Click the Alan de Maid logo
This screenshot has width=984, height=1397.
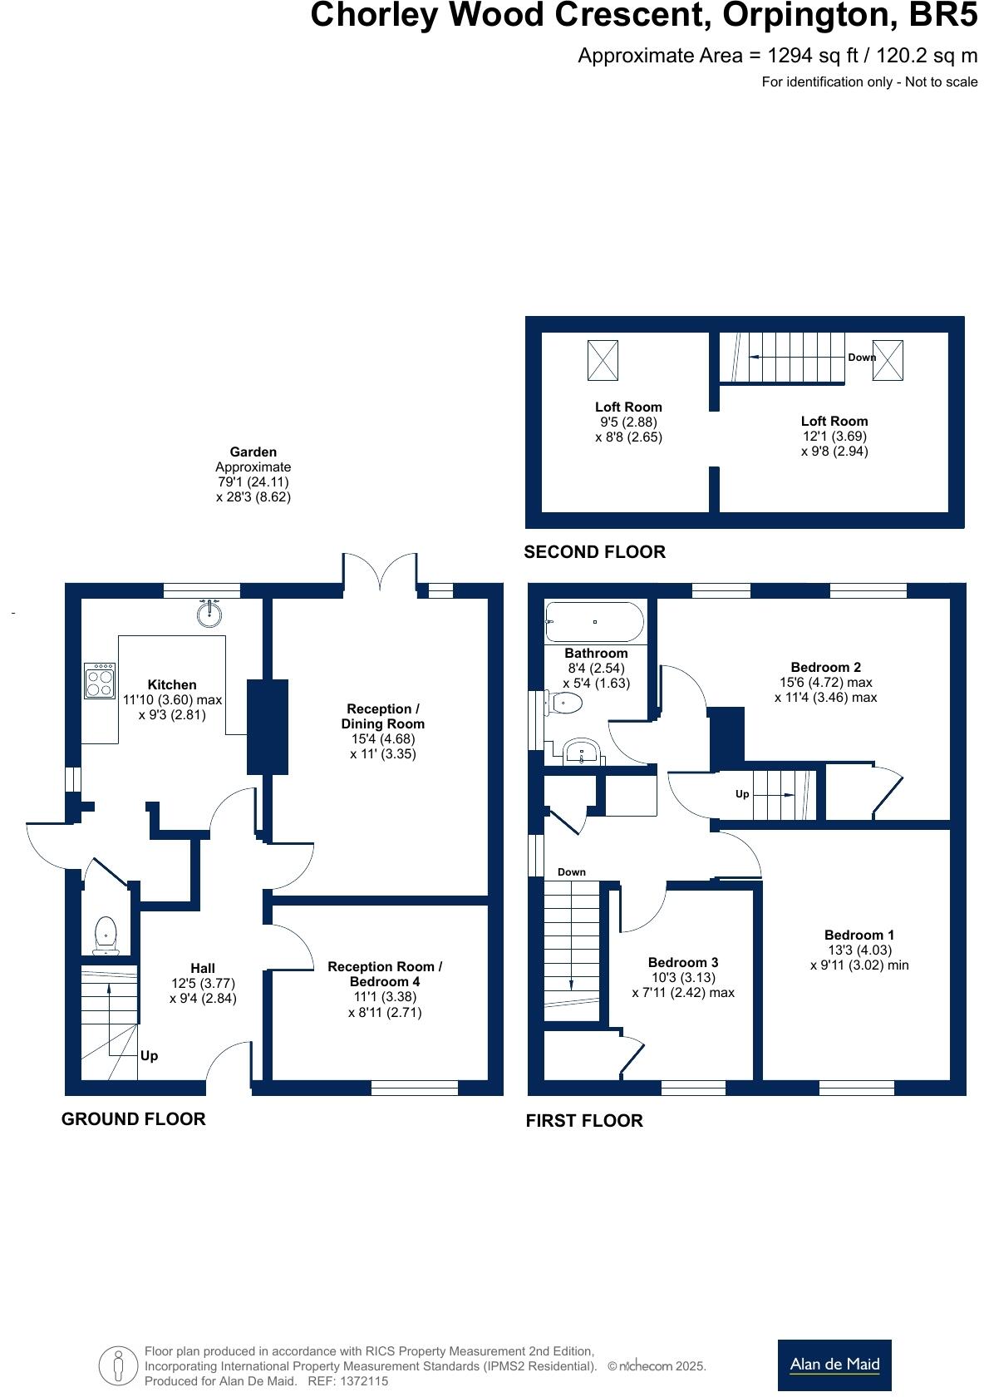click(834, 1363)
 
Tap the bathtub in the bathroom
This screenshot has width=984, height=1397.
click(594, 622)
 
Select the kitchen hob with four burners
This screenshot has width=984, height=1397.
click(100, 680)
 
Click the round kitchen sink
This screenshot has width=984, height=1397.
click(209, 614)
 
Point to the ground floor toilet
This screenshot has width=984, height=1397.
click(106, 935)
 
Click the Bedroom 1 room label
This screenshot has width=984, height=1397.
click(859, 935)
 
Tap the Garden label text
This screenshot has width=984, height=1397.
click(253, 452)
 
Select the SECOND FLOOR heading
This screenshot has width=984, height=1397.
click(594, 552)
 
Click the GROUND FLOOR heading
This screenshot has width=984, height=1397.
click(133, 1119)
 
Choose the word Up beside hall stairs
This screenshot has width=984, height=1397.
click(149, 1056)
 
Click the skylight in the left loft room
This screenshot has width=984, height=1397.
click(603, 360)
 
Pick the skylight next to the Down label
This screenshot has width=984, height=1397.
click(888, 361)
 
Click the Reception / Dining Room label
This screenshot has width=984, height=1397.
click(382, 716)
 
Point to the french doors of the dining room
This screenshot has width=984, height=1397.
click(380, 574)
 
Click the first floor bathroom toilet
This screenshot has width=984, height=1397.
click(566, 703)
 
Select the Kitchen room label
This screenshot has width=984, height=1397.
click(172, 685)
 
